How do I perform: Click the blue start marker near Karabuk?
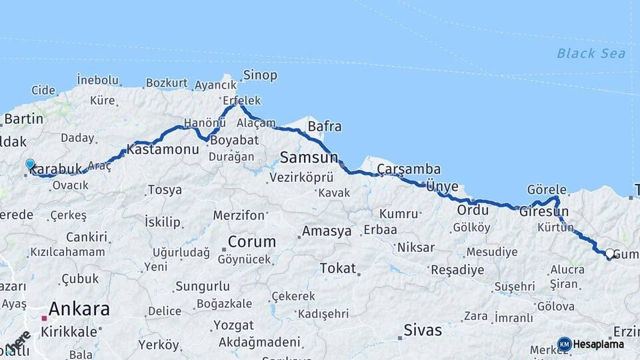30,164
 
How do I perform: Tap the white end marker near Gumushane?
609,253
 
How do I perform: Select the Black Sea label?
591,53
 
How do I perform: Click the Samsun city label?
309,158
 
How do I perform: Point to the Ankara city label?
79,309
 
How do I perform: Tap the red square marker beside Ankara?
44,309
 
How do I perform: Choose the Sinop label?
260,75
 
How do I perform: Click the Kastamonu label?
163,149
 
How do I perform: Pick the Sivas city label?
423,330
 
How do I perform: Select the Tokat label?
337,268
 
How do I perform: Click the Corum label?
251,241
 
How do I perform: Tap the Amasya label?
326,231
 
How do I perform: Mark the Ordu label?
473,210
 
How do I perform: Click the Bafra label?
325,126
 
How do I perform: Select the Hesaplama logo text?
599,345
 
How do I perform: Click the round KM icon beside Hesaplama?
565,345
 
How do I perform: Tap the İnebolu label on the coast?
97,80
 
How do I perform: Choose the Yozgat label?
233,326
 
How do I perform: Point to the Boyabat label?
233,141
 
